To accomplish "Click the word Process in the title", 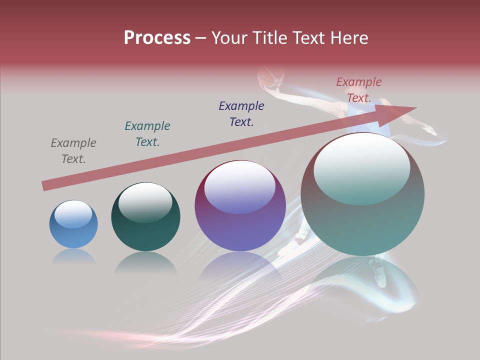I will pos(157,37).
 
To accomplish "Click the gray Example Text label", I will pos(73,151).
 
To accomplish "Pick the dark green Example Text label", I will pos(147,134).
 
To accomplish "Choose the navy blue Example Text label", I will pos(241,114).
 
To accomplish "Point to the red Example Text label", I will pos(359,90).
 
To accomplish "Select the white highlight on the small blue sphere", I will pos(73,214).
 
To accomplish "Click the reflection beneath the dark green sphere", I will pos(145,262).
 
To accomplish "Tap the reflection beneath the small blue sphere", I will pos(73,256).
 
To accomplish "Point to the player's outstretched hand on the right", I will pos(430,131).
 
